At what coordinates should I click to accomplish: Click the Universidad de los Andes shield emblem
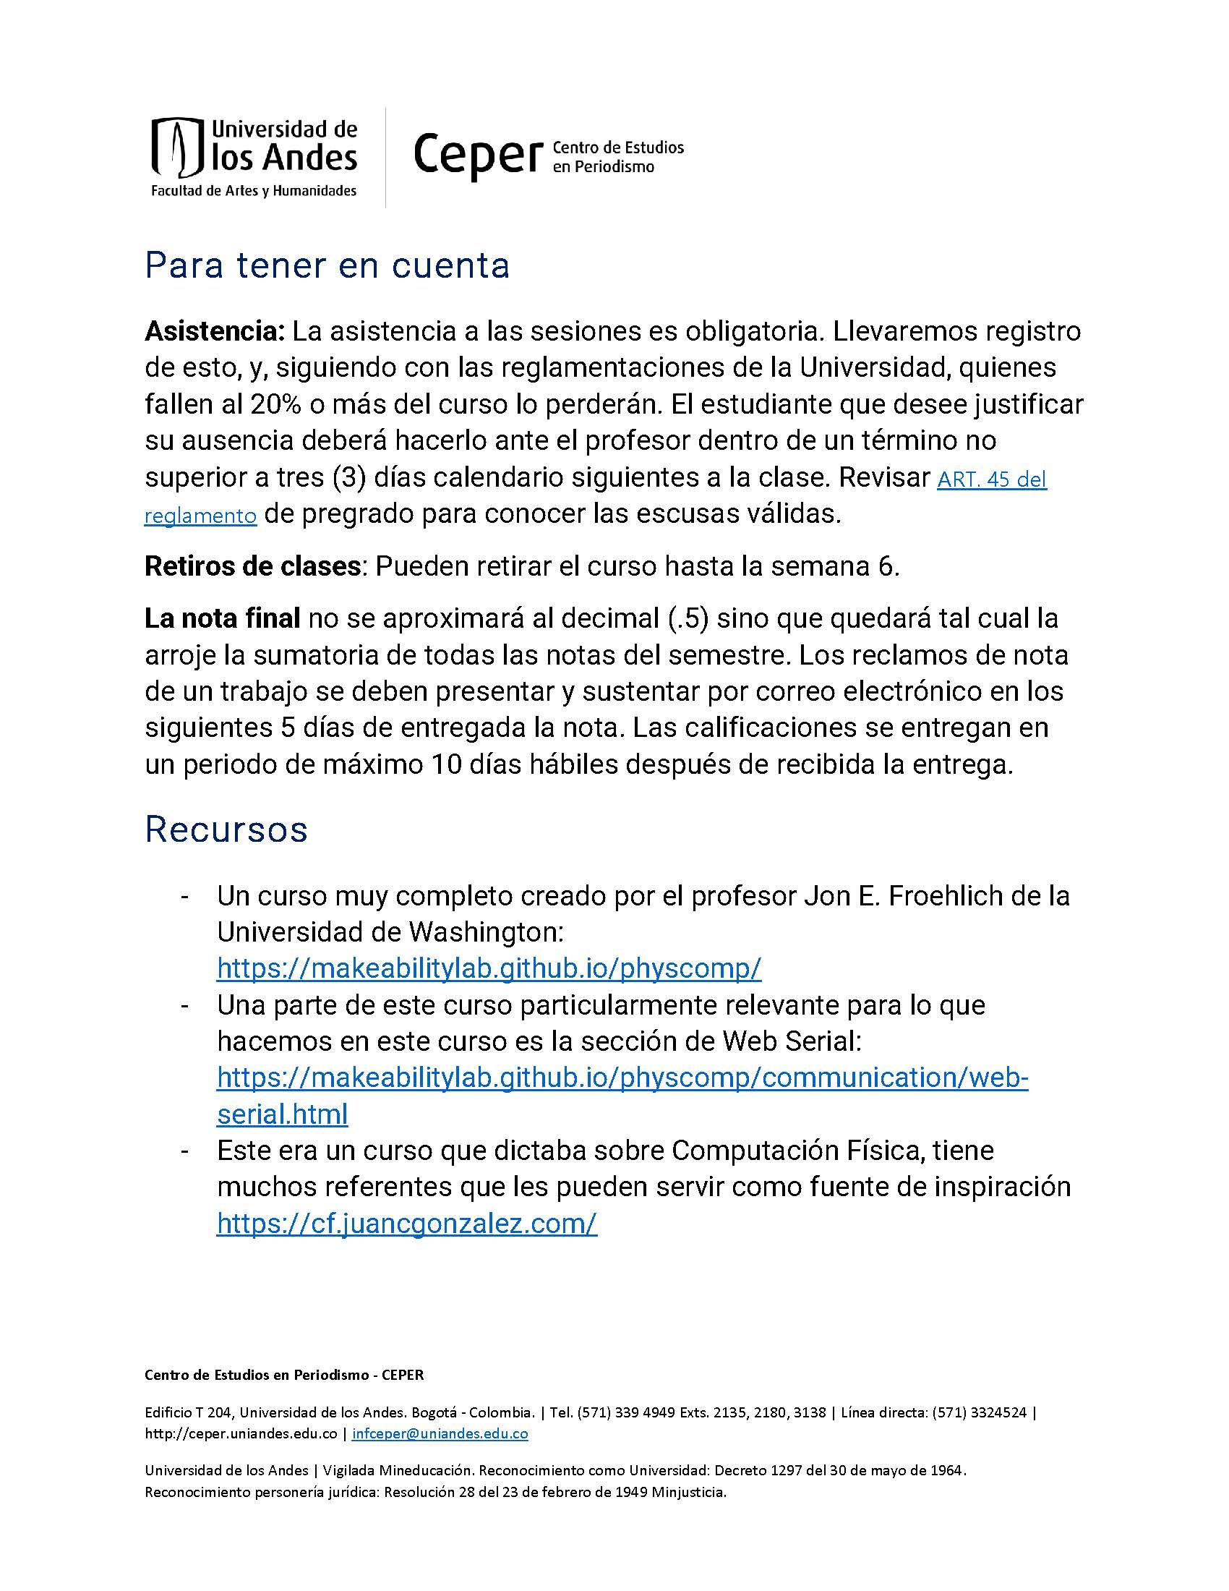(175, 147)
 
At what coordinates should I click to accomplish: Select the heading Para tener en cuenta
(327, 265)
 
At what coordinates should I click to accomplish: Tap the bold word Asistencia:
(214, 331)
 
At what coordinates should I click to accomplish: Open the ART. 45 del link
(992, 479)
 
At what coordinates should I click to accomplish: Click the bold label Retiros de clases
(252, 566)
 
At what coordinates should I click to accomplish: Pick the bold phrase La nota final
(222, 618)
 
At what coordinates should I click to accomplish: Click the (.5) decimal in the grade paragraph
(688, 618)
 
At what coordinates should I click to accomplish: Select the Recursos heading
(226, 829)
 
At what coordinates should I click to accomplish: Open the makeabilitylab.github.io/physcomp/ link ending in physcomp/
(489, 968)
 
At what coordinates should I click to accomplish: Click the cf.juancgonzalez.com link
(407, 1223)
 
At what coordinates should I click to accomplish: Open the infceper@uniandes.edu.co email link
(440, 1433)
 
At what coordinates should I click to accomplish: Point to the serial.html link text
(283, 1114)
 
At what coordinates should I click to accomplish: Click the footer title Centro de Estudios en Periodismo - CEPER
(284, 1375)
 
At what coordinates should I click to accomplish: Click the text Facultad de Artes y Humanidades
(253, 191)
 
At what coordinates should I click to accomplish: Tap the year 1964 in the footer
(947, 1470)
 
